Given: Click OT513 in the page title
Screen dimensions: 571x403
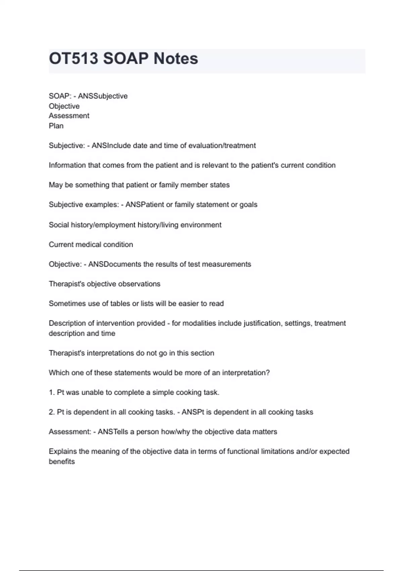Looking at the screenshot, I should (74, 59).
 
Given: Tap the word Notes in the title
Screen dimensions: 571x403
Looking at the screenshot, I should (176, 59).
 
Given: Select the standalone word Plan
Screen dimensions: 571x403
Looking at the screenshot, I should (56, 126).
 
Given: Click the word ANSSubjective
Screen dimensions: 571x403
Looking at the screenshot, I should (103, 96).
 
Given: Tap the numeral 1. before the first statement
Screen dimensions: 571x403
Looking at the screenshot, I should (52, 393).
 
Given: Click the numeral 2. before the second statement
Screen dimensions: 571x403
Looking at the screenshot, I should (52, 412).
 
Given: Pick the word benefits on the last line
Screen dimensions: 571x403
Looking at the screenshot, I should (62, 462).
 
